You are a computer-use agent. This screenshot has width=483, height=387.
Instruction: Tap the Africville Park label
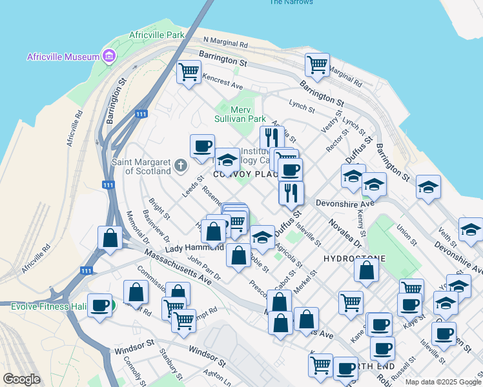click(156, 34)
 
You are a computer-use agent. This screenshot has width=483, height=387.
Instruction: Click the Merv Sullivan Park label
click(240, 114)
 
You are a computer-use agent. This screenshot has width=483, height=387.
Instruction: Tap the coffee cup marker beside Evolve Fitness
click(99, 305)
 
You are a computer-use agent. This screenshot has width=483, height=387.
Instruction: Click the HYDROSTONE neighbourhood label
click(354, 258)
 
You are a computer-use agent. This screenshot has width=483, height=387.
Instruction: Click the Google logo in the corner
click(21, 379)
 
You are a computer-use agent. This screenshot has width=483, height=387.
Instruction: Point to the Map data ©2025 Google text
click(443, 382)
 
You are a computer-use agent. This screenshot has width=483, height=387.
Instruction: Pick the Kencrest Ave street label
click(222, 81)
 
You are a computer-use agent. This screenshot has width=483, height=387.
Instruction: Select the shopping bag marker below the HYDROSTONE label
click(366, 272)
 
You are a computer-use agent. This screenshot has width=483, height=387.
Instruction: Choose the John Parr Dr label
click(204, 268)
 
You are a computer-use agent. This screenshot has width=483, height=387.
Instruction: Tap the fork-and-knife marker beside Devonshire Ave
click(292, 192)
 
